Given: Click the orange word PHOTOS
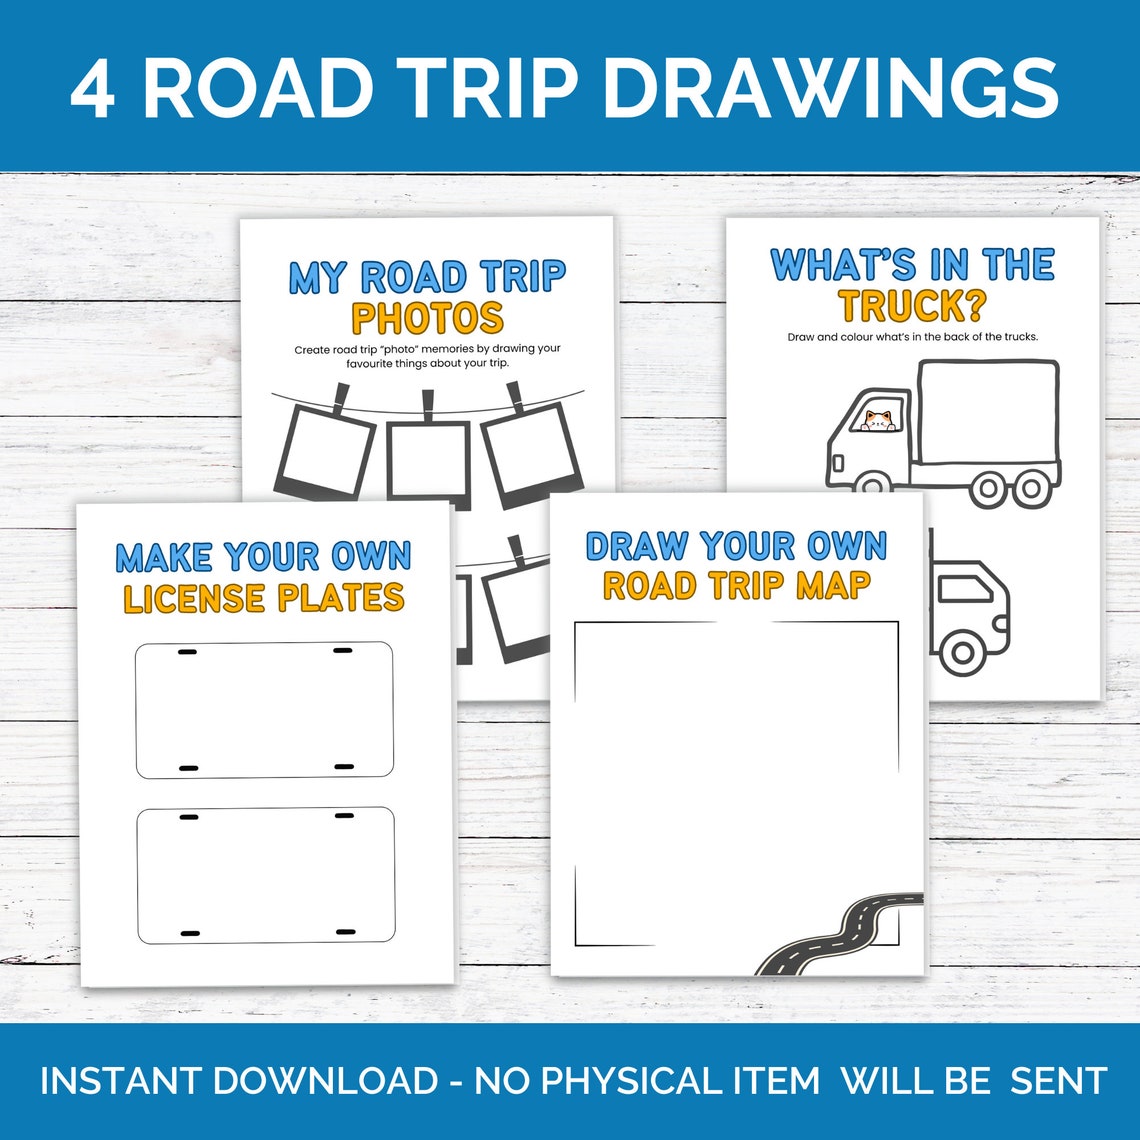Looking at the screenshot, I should (427, 318).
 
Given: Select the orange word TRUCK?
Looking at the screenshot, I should (912, 306).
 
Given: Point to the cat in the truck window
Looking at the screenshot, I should (878, 420).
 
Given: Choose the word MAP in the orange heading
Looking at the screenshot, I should (833, 586).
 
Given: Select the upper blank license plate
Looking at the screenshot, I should (264, 710).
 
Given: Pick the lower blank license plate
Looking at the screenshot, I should (265, 876).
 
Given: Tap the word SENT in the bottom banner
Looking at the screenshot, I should (1058, 1081).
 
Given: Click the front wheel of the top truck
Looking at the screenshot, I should (873, 484).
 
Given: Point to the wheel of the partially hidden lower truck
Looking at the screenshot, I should (962, 652).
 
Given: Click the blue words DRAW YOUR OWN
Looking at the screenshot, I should (736, 546).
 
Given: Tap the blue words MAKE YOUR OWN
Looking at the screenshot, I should (263, 556).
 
